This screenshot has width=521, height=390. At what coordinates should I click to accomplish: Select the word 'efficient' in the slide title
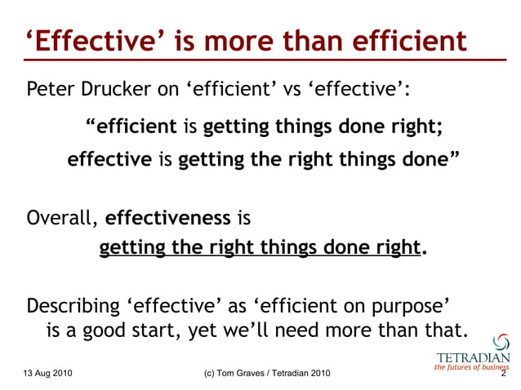pyautogui.click(x=408, y=41)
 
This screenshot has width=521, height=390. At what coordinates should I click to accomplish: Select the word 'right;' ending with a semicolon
pyautogui.click(x=412, y=127)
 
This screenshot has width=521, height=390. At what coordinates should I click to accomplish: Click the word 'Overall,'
pyautogui.click(x=63, y=219)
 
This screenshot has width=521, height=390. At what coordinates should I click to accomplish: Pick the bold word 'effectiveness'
pyautogui.click(x=168, y=219)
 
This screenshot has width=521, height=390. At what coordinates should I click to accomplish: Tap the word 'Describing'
pyautogui.click(x=74, y=307)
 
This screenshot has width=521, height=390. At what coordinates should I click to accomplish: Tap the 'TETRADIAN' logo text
pyautogui.click(x=474, y=357)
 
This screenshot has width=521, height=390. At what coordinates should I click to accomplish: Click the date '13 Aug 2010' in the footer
pyautogui.click(x=48, y=374)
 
